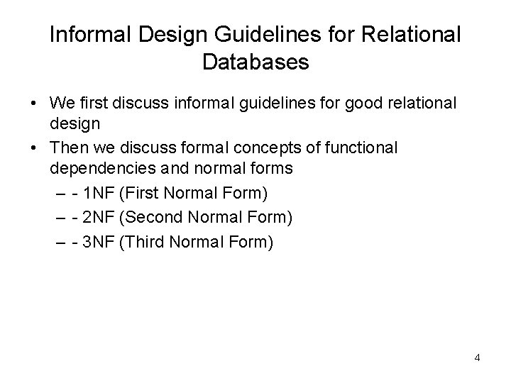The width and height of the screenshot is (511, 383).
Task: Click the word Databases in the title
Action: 255,62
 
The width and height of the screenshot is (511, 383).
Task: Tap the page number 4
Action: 477,357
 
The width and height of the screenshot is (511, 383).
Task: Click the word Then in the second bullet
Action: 67,149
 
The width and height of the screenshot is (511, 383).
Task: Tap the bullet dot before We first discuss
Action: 34,104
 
